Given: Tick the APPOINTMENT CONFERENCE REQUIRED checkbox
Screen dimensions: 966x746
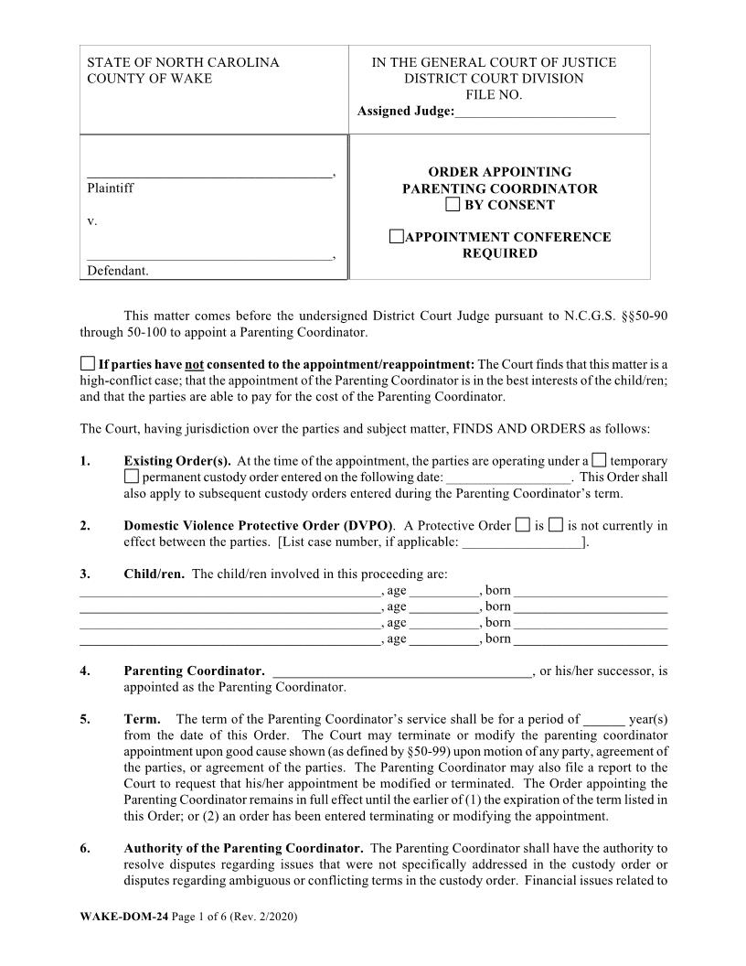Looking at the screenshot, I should [x=395, y=237].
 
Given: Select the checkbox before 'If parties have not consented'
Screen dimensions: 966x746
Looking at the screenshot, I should [x=87, y=363].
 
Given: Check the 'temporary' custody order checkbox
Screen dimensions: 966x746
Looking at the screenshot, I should [x=599, y=460].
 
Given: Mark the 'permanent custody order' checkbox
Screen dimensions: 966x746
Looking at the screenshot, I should [x=131, y=477].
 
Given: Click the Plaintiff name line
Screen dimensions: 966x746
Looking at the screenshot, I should [x=209, y=174].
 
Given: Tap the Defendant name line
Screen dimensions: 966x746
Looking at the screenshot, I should [x=209, y=259].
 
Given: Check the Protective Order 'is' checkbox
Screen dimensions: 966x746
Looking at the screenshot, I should [x=522, y=525].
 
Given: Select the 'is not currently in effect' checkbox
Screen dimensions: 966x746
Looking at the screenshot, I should [x=556, y=525].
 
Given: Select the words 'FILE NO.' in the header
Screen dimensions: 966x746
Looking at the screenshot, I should [x=493, y=95].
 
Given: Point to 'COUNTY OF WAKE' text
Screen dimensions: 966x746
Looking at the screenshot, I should [x=149, y=79].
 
